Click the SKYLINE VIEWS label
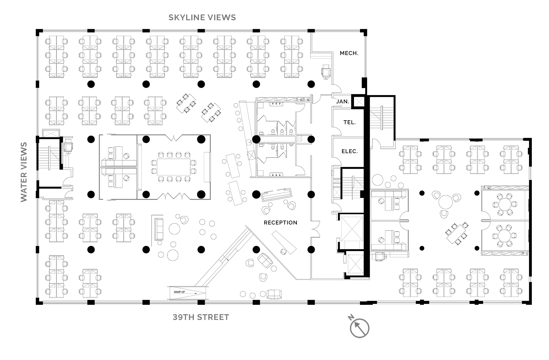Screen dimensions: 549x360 pos(202,17)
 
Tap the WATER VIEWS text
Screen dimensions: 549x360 pos(24,172)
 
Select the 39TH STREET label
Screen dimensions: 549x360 pos(201,317)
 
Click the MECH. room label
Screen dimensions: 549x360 pos(349,53)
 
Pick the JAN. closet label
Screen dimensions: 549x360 pos(343,101)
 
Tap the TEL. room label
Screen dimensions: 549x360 pos(349,122)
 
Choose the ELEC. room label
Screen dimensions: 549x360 pos(350,151)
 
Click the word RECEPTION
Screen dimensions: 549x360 pos(281,223)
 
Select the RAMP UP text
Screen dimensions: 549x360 pos(179,292)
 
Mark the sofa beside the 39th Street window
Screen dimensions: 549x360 pos(274,294)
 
